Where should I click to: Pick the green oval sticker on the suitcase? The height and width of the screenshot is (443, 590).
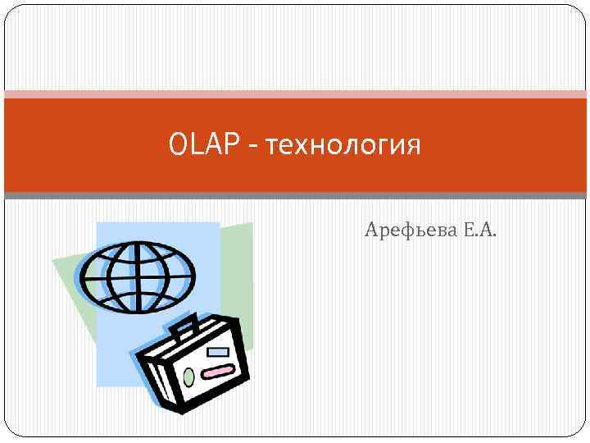point(189,377)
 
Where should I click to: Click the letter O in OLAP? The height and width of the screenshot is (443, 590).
point(177,146)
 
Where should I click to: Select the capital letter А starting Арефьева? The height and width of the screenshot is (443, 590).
point(371,231)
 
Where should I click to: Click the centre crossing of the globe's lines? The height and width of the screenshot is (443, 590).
point(138,276)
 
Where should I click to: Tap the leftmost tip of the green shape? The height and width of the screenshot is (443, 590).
point(53,261)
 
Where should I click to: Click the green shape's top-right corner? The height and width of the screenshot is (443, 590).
point(252,223)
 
